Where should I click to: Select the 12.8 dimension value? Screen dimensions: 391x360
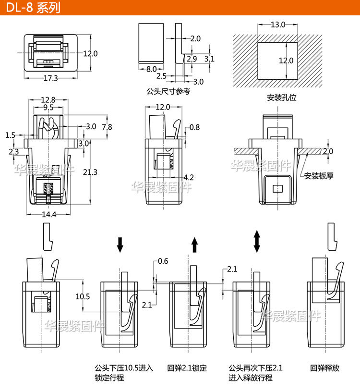tap(48, 99)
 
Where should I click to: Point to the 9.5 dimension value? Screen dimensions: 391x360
tap(48, 108)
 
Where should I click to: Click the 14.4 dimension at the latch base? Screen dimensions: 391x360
tap(48, 215)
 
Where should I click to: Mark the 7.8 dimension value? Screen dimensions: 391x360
tap(107, 127)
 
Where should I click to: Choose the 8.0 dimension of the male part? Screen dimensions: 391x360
tap(152, 69)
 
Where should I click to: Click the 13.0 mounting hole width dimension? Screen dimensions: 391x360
tap(277, 24)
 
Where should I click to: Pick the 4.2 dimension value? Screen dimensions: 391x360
tap(189, 177)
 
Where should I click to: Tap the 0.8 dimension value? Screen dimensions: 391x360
tap(194, 127)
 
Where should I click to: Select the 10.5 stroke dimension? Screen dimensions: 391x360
tap(83, 296)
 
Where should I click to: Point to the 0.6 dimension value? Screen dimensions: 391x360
tap(163, 261)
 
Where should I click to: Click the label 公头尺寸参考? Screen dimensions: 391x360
tap(168, 91)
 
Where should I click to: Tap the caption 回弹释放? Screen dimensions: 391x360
tap(324, 368)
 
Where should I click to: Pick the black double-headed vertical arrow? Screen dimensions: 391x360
tap(257, 241)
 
